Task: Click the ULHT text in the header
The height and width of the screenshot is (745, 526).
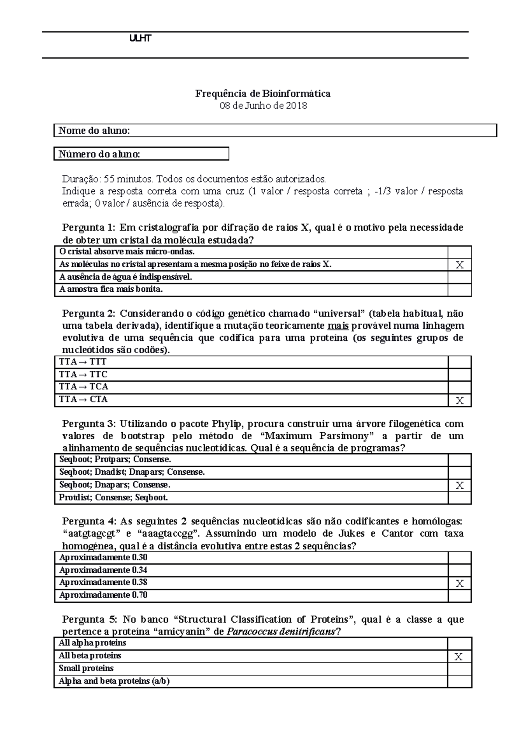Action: pos(140,39)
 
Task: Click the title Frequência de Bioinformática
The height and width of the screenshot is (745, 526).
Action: pos(263,93)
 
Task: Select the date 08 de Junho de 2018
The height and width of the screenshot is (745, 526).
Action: pos(263,106)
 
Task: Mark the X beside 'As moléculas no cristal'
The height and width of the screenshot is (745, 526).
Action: pos(459,265)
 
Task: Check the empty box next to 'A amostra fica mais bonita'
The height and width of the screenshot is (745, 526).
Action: pos(459,290)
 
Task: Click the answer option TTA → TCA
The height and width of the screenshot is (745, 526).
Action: pos(84,387)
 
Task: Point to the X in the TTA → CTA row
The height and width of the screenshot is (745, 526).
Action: pos(459,400)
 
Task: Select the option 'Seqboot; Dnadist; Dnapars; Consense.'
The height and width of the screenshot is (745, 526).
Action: pos(132,473)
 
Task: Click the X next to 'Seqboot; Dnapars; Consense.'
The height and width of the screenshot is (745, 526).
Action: pos(459,485)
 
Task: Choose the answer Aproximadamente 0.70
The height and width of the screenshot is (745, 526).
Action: pos(103,595)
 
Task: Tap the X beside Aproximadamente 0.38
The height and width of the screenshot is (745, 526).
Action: pos(459,583)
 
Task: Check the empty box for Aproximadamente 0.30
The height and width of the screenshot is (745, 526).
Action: pos(459,558)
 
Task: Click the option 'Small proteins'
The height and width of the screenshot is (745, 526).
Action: pos(86,668)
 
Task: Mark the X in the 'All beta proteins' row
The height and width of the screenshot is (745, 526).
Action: pos(458,656)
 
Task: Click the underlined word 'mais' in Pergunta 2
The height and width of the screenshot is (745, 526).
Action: pos(338,326)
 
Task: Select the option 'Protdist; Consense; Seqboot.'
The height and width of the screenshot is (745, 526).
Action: pos(114,498)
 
